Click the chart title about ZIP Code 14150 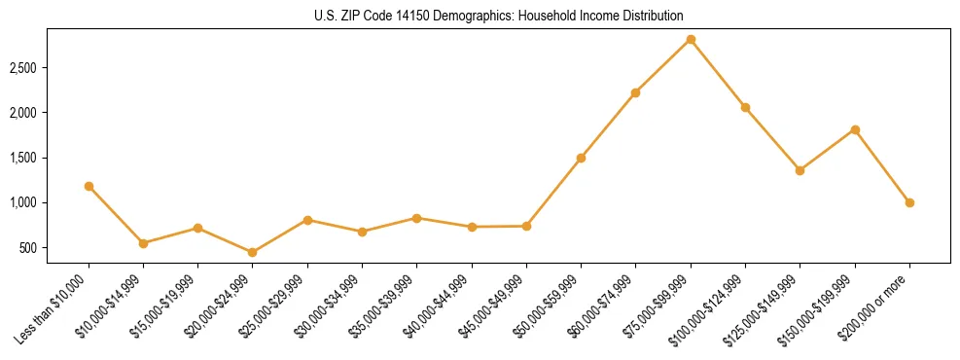pos(480,16)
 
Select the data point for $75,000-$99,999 pos(691,39)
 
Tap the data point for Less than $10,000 pos(89,186)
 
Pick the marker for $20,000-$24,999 pos(253,252)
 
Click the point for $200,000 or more pos(909,202)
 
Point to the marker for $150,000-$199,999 pos(855,129)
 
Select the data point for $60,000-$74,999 pos(636,92)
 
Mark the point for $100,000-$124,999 pos(745,107)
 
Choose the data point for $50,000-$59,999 pos(581,158)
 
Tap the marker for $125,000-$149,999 pos(800,170)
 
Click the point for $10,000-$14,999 pos(143,243)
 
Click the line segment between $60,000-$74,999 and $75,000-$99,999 pos(663,66)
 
